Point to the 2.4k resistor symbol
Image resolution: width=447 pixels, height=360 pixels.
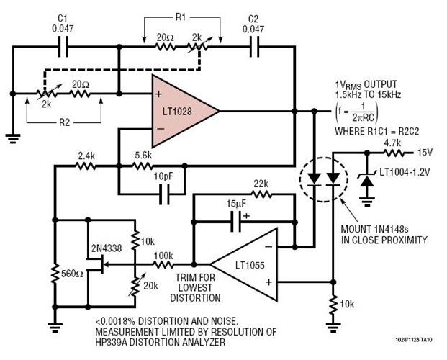coord(87,166)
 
